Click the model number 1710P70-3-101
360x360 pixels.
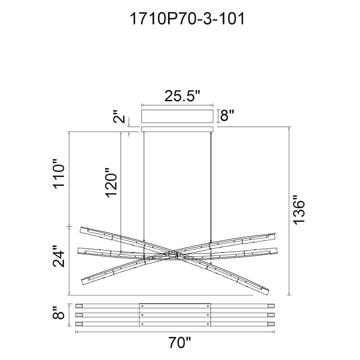[x=187, y=19]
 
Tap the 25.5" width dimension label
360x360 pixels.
[x=183, y=96]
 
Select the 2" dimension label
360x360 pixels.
[x=120, y=116]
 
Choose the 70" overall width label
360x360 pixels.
[x=180, y=343]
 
